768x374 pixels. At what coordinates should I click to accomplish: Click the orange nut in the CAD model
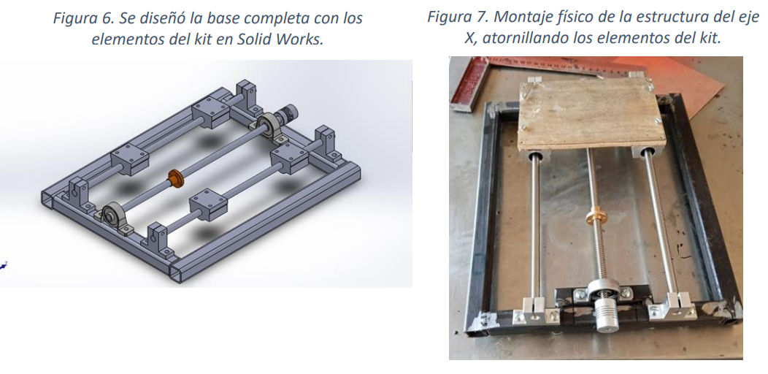tap(174, 178)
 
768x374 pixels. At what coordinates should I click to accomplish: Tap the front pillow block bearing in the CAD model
tap(114, 216)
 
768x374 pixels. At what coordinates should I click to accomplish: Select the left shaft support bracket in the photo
tap(533, 310)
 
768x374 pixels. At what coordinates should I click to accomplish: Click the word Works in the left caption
tap(302, 39)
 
